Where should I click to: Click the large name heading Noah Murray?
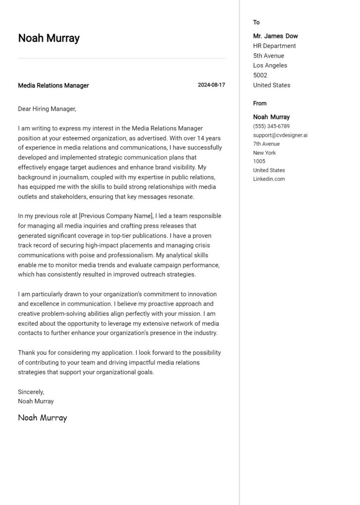coord(49,38)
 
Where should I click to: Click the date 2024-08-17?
coord(211,85)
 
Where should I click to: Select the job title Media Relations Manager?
coord(53,86)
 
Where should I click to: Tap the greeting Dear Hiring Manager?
coord(47,109)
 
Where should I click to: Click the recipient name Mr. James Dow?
coord(275,36)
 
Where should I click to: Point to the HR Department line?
coord(274,46)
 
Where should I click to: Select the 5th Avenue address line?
coord(269,56)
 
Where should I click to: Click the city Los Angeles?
coord(270,66)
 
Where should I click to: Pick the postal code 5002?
coord(260,75)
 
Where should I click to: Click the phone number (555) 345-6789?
coord(271,126)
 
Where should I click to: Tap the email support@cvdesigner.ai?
coord(280,135)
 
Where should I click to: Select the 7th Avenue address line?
coord(266,144)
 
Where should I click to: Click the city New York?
coord(264,153)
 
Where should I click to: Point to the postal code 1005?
coord(259,162)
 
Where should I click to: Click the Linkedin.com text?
coord(269,179)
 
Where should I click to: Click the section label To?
coord(256,22)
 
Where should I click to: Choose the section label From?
coord(260,104)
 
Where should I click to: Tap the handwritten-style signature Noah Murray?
coord(43,417)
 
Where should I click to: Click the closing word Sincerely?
coord(31,392)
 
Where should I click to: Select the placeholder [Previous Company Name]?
coord(116,216)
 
